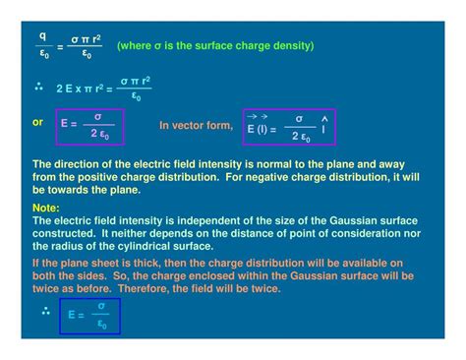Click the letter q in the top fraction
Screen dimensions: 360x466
(42, 36)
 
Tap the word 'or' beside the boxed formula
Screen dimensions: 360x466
(37, 122)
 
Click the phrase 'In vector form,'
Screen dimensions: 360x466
(197, 126)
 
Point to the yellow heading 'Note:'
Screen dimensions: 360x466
(46, 209)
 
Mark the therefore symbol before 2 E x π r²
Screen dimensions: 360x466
(40, 88)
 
